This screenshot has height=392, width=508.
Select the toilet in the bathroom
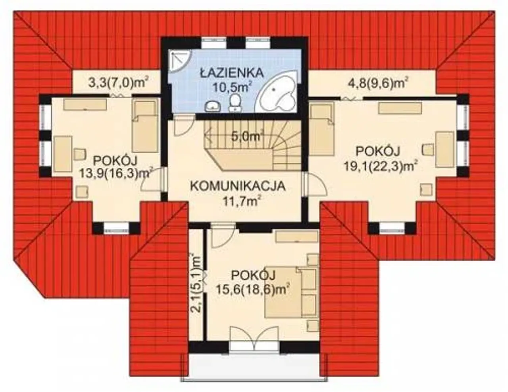pos(235,102)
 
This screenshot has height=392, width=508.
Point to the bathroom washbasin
pos(213,107)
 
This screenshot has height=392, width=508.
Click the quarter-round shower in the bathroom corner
pos(180,61)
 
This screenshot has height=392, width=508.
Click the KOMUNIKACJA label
pos(238,186)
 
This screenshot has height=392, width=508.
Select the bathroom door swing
pos(183,125)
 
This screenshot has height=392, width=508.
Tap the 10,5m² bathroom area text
pos(232,87)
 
